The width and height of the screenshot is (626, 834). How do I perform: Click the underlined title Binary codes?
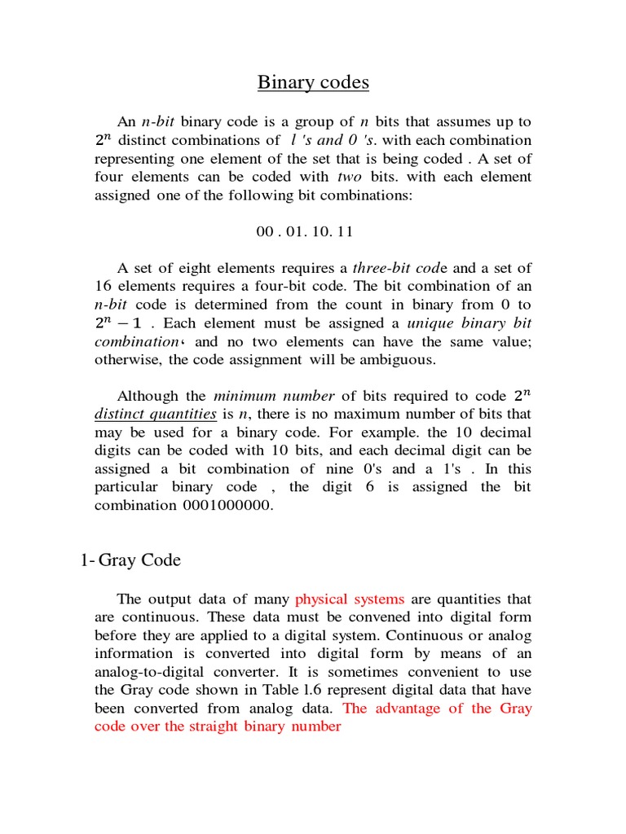(313, 82)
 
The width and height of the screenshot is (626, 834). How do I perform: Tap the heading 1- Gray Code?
(130, 560)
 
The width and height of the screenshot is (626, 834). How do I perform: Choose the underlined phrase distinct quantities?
(156, 415)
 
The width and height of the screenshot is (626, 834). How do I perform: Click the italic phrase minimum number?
(274, 397)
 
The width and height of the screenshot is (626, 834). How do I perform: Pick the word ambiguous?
(397, 360)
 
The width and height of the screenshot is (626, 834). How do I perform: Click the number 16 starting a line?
(104, 287)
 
